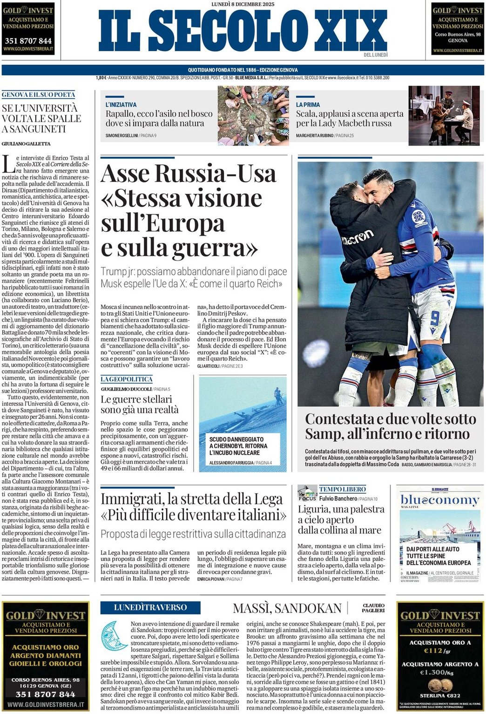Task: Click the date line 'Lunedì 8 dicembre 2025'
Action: (243, 4)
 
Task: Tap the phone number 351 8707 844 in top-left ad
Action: (28, 41)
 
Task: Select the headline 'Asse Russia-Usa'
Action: (189, 174)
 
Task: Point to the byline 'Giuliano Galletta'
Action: (26, 144)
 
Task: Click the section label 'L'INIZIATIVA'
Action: (121, 105)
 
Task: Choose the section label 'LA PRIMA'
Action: (308, 105)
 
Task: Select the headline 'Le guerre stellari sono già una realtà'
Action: (140, 404)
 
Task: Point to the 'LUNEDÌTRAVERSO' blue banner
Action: (150, 607)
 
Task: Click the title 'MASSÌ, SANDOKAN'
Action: (287, 608)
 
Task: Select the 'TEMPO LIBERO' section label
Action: (342, 489)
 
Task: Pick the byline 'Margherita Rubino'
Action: (314, 135)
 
